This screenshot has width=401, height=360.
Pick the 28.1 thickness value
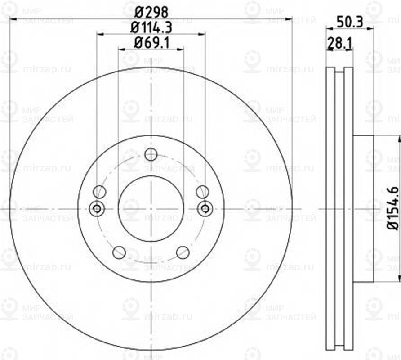339,43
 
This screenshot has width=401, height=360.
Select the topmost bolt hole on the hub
151,155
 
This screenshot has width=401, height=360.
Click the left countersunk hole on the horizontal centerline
97,208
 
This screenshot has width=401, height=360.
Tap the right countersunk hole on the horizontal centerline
205,208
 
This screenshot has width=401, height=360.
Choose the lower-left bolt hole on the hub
119,252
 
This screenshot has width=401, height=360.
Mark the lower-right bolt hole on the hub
183,252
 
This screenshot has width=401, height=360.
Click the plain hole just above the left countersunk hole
99,192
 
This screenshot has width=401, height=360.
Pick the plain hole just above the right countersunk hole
202,192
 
